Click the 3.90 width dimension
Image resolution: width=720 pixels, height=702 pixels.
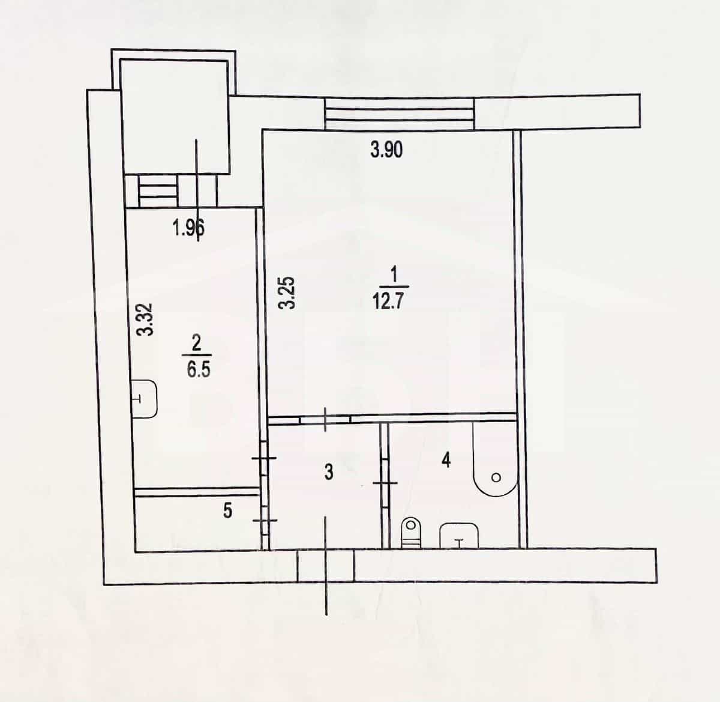coord(386,150)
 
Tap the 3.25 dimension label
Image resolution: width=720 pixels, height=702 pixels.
coord(287,292)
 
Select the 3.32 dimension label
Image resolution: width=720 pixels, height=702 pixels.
coord(144,319)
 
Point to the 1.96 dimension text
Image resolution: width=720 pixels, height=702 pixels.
coord(188,228)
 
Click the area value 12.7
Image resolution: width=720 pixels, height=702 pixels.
coord(387,301)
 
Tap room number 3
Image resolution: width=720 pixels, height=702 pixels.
coord(329,473)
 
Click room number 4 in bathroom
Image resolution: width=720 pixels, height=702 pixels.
coord(446,461)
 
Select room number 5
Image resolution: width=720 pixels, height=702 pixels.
coord(227,511)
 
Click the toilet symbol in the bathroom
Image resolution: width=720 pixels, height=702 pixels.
coord(410,533)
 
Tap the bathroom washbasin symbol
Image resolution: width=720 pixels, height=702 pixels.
coord(459,536)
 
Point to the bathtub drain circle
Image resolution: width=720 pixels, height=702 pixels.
coord(496,477)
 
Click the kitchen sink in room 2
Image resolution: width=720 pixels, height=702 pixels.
coord(145,399)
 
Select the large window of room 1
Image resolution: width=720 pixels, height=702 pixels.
coord(399,113)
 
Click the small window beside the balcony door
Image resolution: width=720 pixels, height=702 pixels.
coord(158,190)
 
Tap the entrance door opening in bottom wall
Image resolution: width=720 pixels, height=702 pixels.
coord(326,565)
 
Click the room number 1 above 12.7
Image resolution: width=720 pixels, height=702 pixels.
coord(394,274)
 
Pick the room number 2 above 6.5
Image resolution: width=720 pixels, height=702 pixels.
coord(196,343)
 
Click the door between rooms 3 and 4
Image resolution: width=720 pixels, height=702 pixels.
coord(385,483)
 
